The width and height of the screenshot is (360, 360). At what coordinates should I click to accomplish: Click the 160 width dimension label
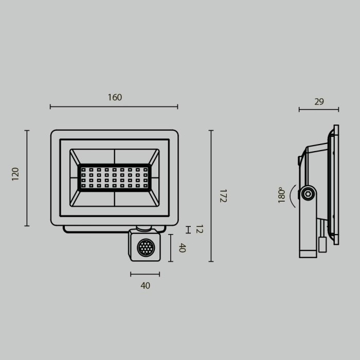tap(115, 97)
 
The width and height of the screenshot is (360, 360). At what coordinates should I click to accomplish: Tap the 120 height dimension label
tap(15, 174)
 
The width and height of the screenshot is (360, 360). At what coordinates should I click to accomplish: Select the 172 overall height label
tap(223, 196)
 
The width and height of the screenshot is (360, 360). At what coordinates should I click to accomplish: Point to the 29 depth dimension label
tap(319, 102)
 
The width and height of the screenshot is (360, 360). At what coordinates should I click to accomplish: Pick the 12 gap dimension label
tap(199, 229)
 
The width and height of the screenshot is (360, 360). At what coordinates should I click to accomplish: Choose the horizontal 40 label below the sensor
tap(145, 285)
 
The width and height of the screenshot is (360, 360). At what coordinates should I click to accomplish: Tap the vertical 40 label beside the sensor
tap(182, 248)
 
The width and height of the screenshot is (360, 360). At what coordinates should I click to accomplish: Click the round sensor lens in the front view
tap(145, 249)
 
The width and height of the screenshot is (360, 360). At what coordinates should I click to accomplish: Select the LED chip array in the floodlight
tap(114, 177)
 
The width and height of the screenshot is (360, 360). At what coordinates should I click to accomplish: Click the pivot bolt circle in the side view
tap(308, 194)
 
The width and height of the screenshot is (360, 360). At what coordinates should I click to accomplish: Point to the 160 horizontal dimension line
tap(114, 107)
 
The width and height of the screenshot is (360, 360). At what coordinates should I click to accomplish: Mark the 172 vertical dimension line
tap(211, 196)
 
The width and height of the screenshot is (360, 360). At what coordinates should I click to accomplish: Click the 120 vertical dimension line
tap(27, 178)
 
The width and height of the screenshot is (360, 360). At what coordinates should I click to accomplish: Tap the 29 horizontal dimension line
tap(319, 109)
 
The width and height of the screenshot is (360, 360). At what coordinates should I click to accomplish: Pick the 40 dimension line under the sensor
tap(145, 274)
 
